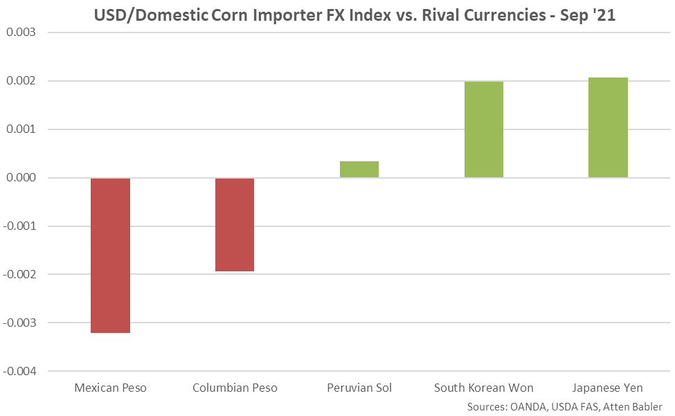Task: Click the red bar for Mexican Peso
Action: (x=110, y=255)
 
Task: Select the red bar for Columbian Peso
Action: (x=235, y=224)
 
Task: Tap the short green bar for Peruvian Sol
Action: (x=359, y=170)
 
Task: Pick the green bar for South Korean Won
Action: (x=483, y=129)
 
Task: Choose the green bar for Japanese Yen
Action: (x=608, y=127)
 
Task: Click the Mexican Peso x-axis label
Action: (x=110, y=388)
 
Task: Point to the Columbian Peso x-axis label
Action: (x=235, y=388)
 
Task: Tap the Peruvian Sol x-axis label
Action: (x=359, y=388)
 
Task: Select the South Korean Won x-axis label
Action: (x=483, y=388)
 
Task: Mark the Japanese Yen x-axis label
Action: (x=608, y=388)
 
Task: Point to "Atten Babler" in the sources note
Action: (x=634, y=406)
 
